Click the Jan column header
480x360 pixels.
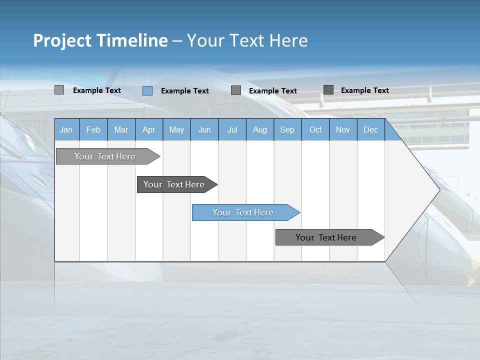[x=66, y=129]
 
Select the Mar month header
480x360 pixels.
[x=121, y=129]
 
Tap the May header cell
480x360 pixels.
[x=176, y=129]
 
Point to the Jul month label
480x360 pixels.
[x=232, y=129]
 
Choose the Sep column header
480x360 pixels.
[x=287, y=129]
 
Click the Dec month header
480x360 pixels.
[x=370, y=129]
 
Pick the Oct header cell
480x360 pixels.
[x=315, y=129]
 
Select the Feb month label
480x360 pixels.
[x=93, y=129]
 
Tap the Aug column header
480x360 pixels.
[x=259, y=129]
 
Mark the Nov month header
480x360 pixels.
[x=342, y=129]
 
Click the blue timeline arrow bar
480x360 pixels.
[x=245, y=212]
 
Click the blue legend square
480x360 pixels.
[x=147, y=90]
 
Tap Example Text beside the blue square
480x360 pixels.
[x=184, y=91]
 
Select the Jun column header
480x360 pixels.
[x=204, y=129]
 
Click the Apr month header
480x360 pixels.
[x=148, y=129]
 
